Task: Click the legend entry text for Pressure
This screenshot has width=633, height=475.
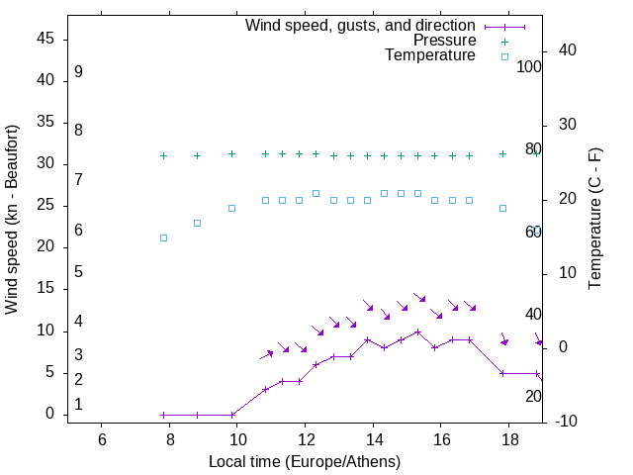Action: pyautogui.click(x=445, y=41)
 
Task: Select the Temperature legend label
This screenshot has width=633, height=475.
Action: pyautogui.click(x=430, y=55)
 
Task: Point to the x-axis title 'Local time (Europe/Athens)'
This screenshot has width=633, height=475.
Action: pyautogui.click(x=305, y=462)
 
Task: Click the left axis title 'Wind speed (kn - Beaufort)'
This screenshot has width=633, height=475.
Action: pyautogui.click(x=12, y=220)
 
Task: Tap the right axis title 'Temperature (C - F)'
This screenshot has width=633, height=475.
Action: pyautogui.click(x=594, y=220)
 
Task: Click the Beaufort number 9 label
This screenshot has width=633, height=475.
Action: pyautogui.click(x=78, y=72)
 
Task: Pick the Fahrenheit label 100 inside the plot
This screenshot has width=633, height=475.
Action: pyautogui.click(x=529, y=67)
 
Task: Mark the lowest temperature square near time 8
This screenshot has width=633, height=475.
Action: pyautogui.click(x=164, y=237)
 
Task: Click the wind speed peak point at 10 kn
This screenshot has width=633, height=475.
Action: pyautogui.click(x=418, y=332)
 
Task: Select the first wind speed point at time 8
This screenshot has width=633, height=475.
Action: pyautogui.click(x=164, y=415)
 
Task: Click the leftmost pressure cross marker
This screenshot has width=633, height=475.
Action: pyautogui.click(x=164, y=155)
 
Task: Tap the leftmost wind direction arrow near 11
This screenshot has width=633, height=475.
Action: pyautogui.click(x=267, y=353)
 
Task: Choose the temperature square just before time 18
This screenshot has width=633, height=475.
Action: pyautogui.click(x=502, y=208)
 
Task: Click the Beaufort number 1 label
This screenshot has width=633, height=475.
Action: pyautogui.click(x=78, y=405)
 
